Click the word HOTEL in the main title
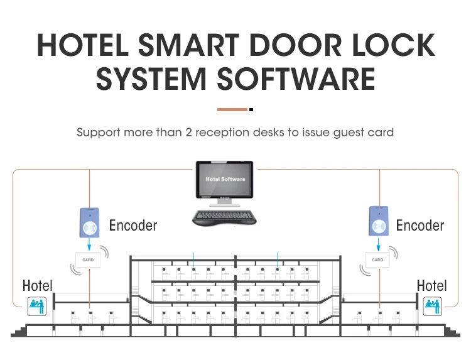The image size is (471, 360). click(83, 45)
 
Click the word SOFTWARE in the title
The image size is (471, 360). click(296, 79)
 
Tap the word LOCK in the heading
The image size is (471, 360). click(394, 45)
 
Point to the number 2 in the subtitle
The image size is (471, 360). click(188, 132)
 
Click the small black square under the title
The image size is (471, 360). click(251, 110)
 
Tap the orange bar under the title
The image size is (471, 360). click(232, 110)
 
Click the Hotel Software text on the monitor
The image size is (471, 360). click(225, 179)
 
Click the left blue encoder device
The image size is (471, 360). click(90, 222)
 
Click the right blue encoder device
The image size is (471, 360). click(379, 221)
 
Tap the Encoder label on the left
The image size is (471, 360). click(133, 226)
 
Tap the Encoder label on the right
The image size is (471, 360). click(420, 226)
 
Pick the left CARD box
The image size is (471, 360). click(88, 259)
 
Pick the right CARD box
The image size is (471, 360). click(377, 259)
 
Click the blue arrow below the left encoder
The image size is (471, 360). click(89, 244)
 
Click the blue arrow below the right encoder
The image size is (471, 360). click(379, 244)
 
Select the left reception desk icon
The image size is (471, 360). click(37, 306)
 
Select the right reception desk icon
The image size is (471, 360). click(433, 306)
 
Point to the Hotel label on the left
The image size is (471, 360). click(38, 285)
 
